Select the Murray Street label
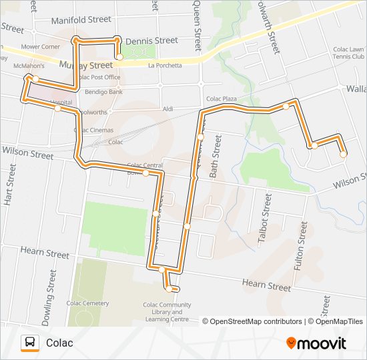pyautogui.click(x=86, y=65)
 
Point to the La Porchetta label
pyautogui.click(x=164, y=65)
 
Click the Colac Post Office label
pyautogui.click(x=99, y=77)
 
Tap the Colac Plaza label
pyautogui.click(x=222, y=99)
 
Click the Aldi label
pyautogui.click(x=168, y=108)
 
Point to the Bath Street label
pyautogui.click(x=215, y=155)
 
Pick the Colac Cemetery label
pyautogui.click(x=87, y=303)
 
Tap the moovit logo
pyautogui.click(x=316, y=343)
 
